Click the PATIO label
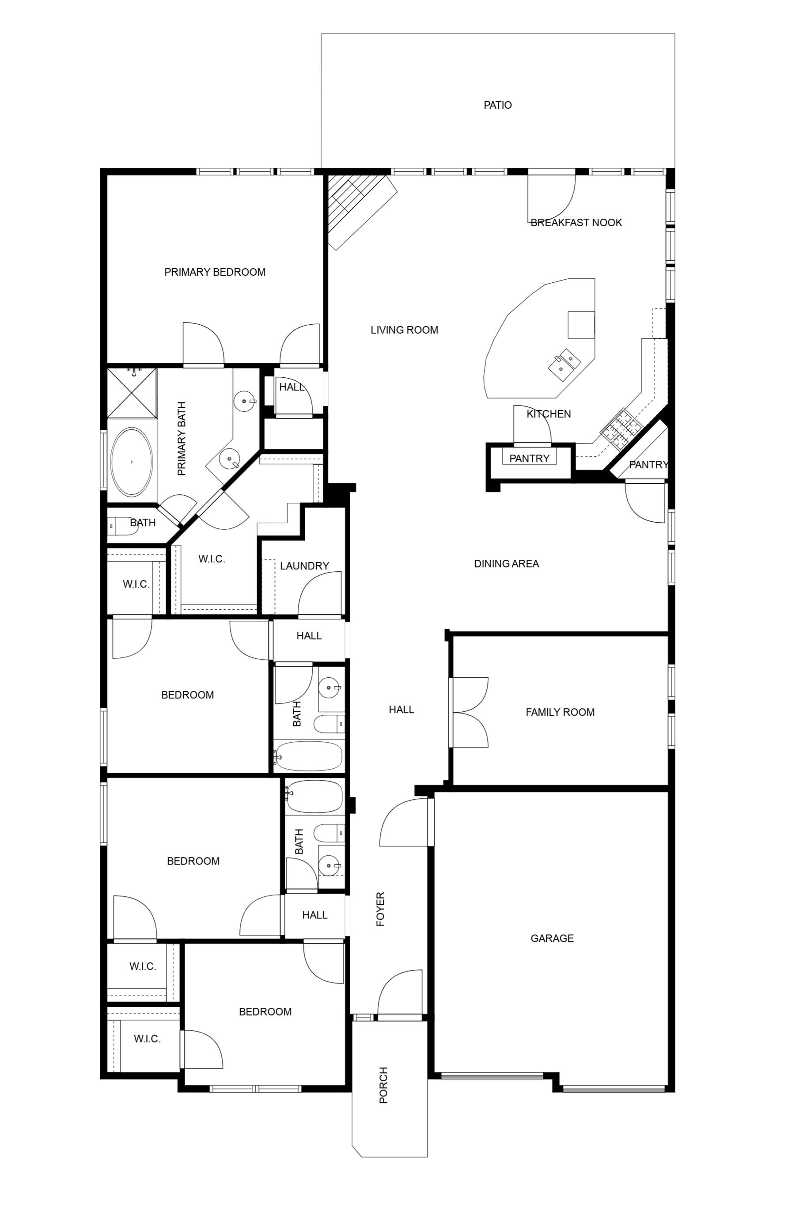(x=497, y=105)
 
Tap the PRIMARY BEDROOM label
(x=215, y=272)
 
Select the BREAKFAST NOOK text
(x=576, y=223)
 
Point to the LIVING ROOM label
(x=405, y=330)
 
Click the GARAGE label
(x=552, y=938)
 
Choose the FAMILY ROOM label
(x=560, y=712)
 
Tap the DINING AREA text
(x=506, y=564)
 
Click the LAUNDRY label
(x=304, y=566)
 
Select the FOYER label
(x=380, y=909)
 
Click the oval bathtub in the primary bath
(x=132, y=462)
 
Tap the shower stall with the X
(x=131, y=392)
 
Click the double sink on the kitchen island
(x=564, y=364)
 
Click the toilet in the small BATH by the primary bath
(x=122, y=526)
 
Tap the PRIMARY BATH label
(x=181, y=439)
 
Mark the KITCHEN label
(x=549, y=414)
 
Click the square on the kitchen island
(x=581, y=325)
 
